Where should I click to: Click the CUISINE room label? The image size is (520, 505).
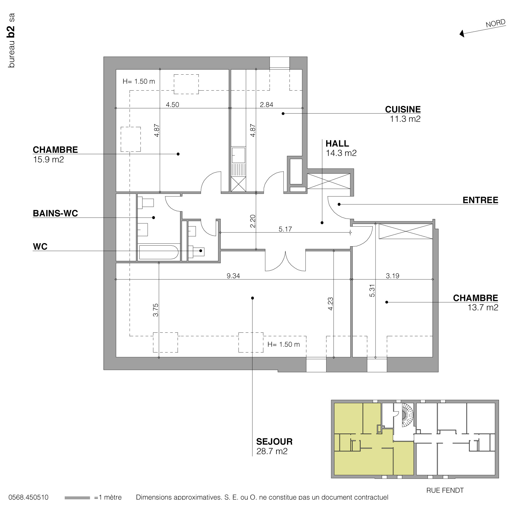click(x=403, y=109)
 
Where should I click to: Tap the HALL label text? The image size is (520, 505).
click(x=337, y=144)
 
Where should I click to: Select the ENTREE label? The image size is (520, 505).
click(x=480, y=200)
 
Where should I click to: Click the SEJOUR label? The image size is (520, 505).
click(x=274, y=442)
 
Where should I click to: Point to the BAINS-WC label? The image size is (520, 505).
click(x=55, y=213)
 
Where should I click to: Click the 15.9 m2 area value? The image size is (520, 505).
click(x=48, y=160)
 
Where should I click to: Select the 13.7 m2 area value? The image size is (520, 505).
click(x=483, y=308)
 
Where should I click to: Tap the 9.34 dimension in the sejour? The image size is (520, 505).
click(x=233, y=276)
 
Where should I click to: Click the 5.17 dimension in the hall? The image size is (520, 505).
click(x=285, y=229)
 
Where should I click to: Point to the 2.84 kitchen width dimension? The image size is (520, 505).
click(x=266, y=105)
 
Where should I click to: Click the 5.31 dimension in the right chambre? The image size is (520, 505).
click(x=372, y=290)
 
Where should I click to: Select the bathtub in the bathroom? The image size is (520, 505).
click(x=158, y=252)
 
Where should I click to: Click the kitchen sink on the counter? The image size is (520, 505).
click(x=238, y=155)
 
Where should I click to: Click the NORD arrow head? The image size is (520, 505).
click(x=462, y=33)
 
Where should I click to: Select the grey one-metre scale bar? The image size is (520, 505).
click(x=77, y=498)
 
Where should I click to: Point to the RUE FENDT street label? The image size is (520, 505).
click(x=445, y=490)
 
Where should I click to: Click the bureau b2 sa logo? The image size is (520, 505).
click(x=11, y=41)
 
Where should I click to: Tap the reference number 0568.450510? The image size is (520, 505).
click(x=28, y=497)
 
